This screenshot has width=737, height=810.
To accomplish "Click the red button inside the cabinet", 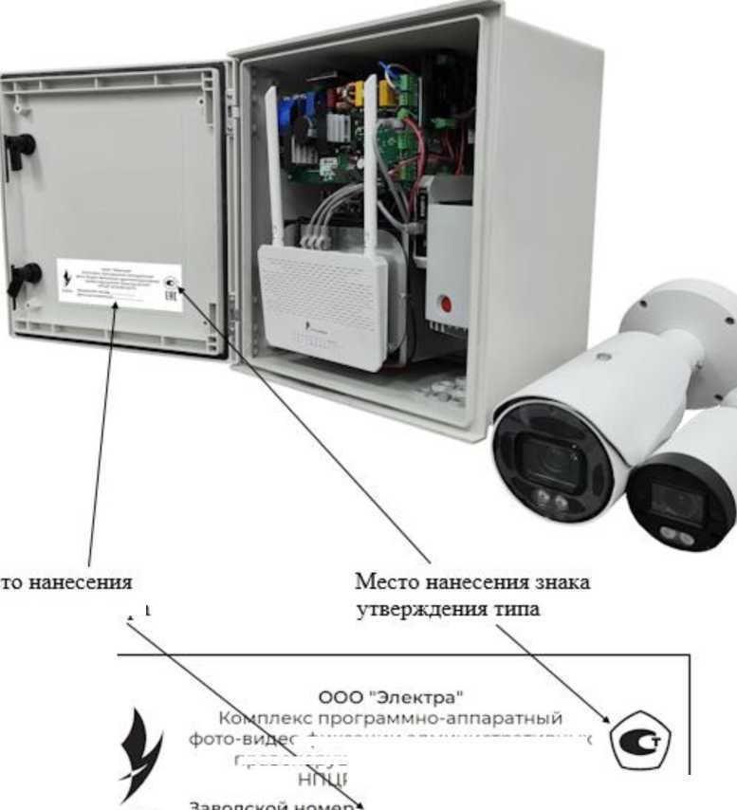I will (445, 304).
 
